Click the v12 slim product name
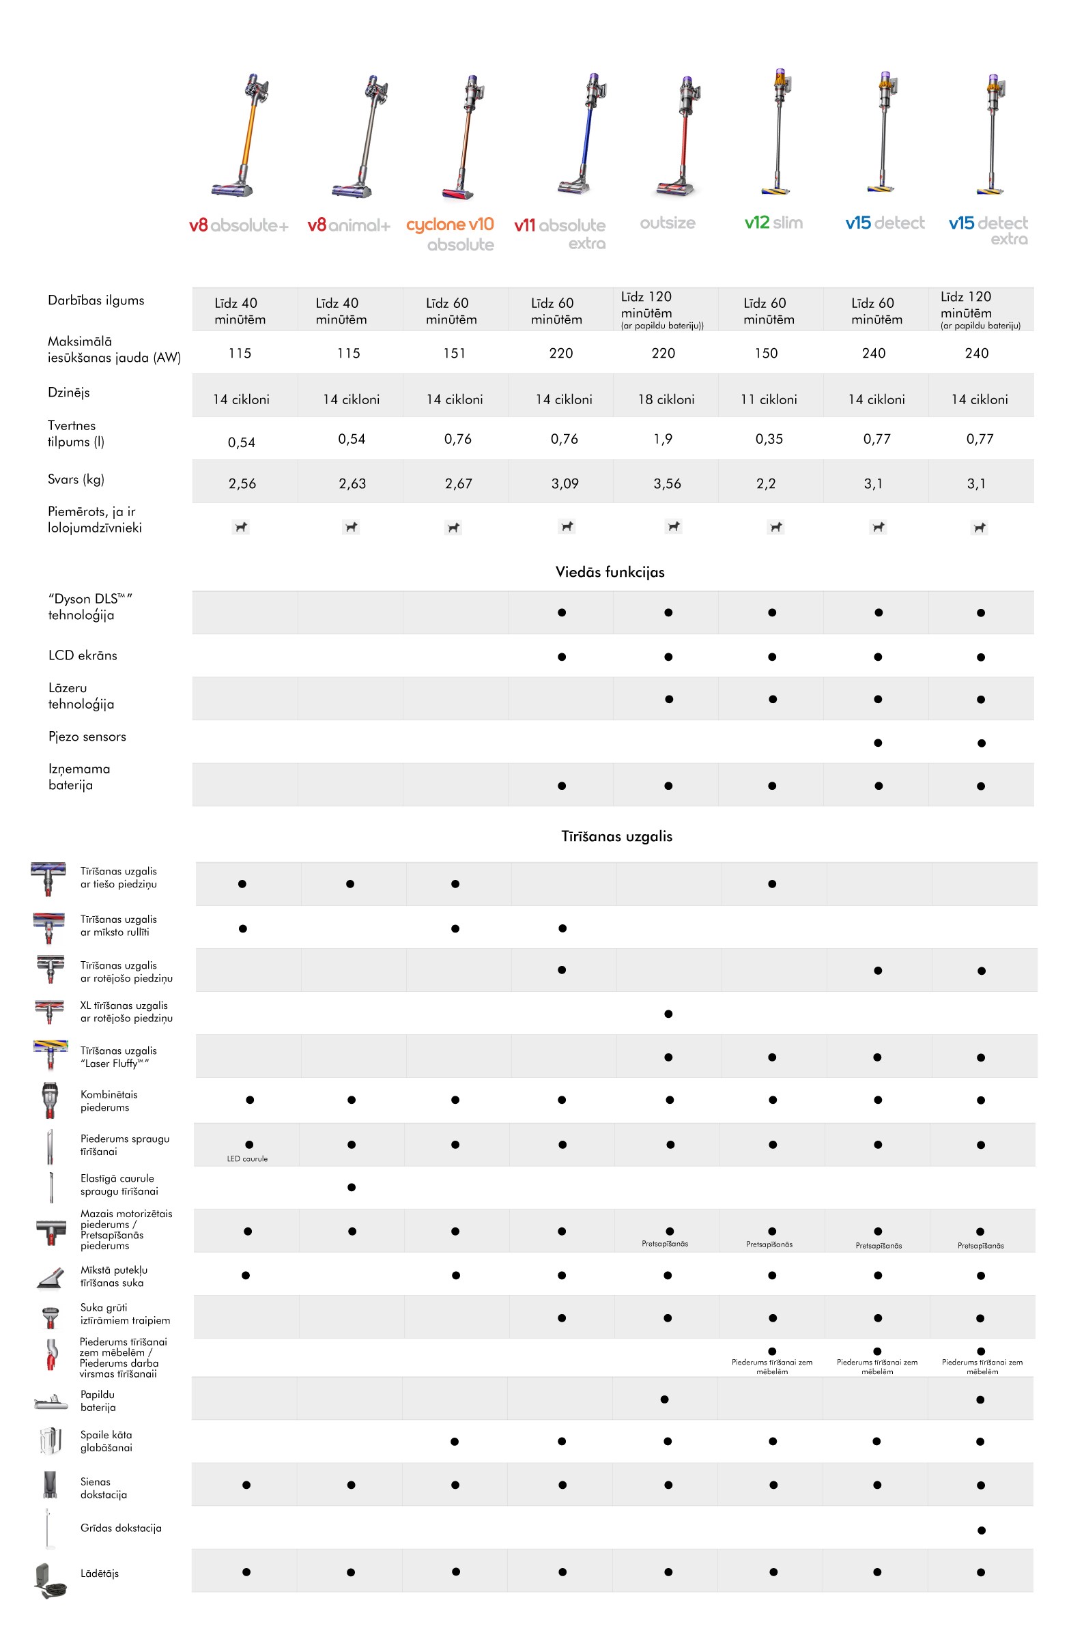point(773,223)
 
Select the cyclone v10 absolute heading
point(451,234)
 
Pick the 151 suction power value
point(455,354)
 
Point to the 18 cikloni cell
point(666,399)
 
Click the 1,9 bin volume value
point(663,439)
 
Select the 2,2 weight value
point(766,484)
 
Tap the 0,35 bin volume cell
point(769,439)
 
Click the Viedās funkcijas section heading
point(610,572)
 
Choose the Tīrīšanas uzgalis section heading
point(616,836)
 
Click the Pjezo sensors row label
point(87,737)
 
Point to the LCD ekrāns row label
point(83,655)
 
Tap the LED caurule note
point(247,1158)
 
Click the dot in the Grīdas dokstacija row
point(982,1530)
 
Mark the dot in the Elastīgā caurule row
point(352,1187)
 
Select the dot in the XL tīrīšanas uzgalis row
point(668,1014)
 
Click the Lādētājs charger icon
point(49,1580)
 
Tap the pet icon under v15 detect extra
point(979,528)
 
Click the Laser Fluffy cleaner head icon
point(50,1055)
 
